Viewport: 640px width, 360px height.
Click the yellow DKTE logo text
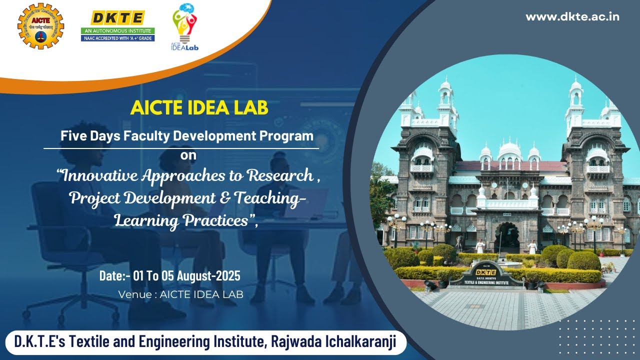click(x=118, y=18)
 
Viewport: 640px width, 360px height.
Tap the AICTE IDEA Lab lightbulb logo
click(x=184, y=27)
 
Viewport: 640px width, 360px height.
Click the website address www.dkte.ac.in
click(x=572, y=16)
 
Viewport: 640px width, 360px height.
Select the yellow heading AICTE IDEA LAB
click(x=199, y=107)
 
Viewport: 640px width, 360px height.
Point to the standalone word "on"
click(x=188, y=155)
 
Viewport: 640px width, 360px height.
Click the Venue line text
click(x=180, y=294)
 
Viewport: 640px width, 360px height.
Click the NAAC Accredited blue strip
click(x=118, y=38)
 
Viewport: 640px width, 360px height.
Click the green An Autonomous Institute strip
click(x=118, y=31)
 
